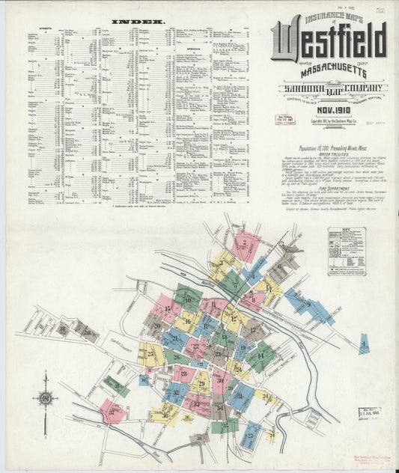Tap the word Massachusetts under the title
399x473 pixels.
329,72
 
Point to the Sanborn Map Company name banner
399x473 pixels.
329,89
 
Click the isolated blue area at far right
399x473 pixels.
363,344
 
